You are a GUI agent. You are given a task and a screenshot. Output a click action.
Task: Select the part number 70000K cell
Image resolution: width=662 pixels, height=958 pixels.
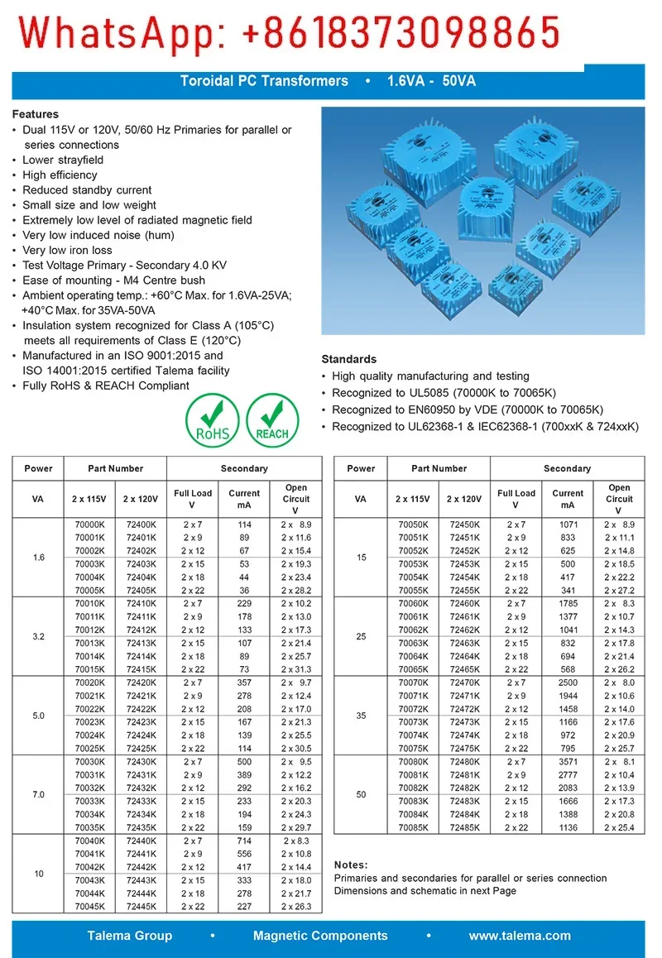pos(89,525)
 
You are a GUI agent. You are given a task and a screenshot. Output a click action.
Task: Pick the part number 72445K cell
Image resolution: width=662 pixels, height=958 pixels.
pos(141,907)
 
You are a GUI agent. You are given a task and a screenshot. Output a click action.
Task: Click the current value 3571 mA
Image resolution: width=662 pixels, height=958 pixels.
pos(568,762)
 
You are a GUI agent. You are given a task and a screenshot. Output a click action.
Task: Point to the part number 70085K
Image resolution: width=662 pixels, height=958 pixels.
pos(414,827)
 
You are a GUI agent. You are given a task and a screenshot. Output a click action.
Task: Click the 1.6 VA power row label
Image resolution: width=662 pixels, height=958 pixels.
pos(39,558)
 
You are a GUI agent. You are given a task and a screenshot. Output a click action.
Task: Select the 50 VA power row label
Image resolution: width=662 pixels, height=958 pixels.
pos(361,795)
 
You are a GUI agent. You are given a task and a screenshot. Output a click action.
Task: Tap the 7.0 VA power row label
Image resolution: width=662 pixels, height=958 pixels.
pos(39,795)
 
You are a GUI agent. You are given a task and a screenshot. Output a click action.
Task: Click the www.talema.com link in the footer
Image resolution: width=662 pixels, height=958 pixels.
pos(520,936)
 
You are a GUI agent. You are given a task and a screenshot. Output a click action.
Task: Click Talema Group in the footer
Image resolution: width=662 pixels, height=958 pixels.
pos(130,936)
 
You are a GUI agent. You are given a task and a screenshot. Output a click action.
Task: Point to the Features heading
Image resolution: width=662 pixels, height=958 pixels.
pos(36,114)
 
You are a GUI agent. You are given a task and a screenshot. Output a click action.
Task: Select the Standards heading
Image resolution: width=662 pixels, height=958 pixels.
pos(348,359)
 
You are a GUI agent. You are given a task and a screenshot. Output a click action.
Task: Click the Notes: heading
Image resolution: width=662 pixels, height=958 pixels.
pos(351,865)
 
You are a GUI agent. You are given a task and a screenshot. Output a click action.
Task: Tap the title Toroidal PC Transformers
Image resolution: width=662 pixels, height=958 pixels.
pos(265,81)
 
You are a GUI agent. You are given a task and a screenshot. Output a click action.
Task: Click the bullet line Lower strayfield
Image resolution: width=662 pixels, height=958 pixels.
pos(63,160)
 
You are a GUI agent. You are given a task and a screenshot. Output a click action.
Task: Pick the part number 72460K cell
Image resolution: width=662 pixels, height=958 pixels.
pos(464,604)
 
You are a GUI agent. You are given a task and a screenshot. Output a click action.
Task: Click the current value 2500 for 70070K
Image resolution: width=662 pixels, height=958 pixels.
pos(568,683)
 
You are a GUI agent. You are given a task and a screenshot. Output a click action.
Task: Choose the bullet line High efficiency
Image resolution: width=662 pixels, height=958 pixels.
pos(60,175)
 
